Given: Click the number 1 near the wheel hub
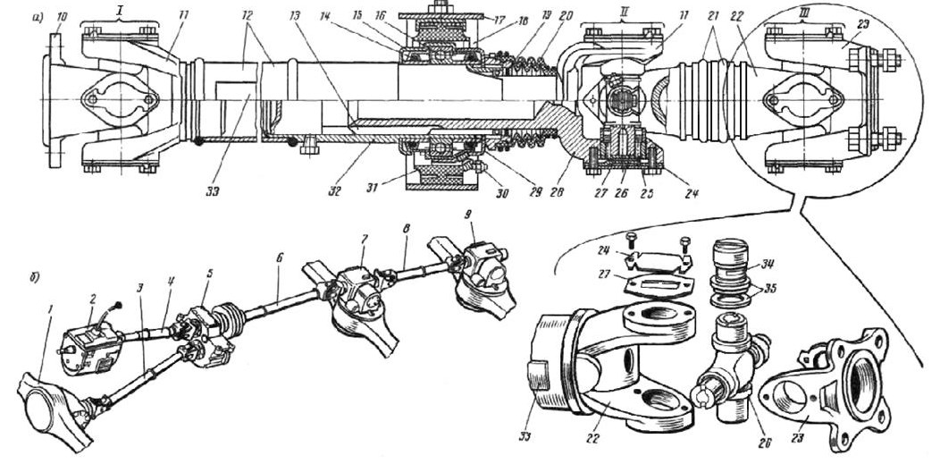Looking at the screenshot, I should [51, 308].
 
